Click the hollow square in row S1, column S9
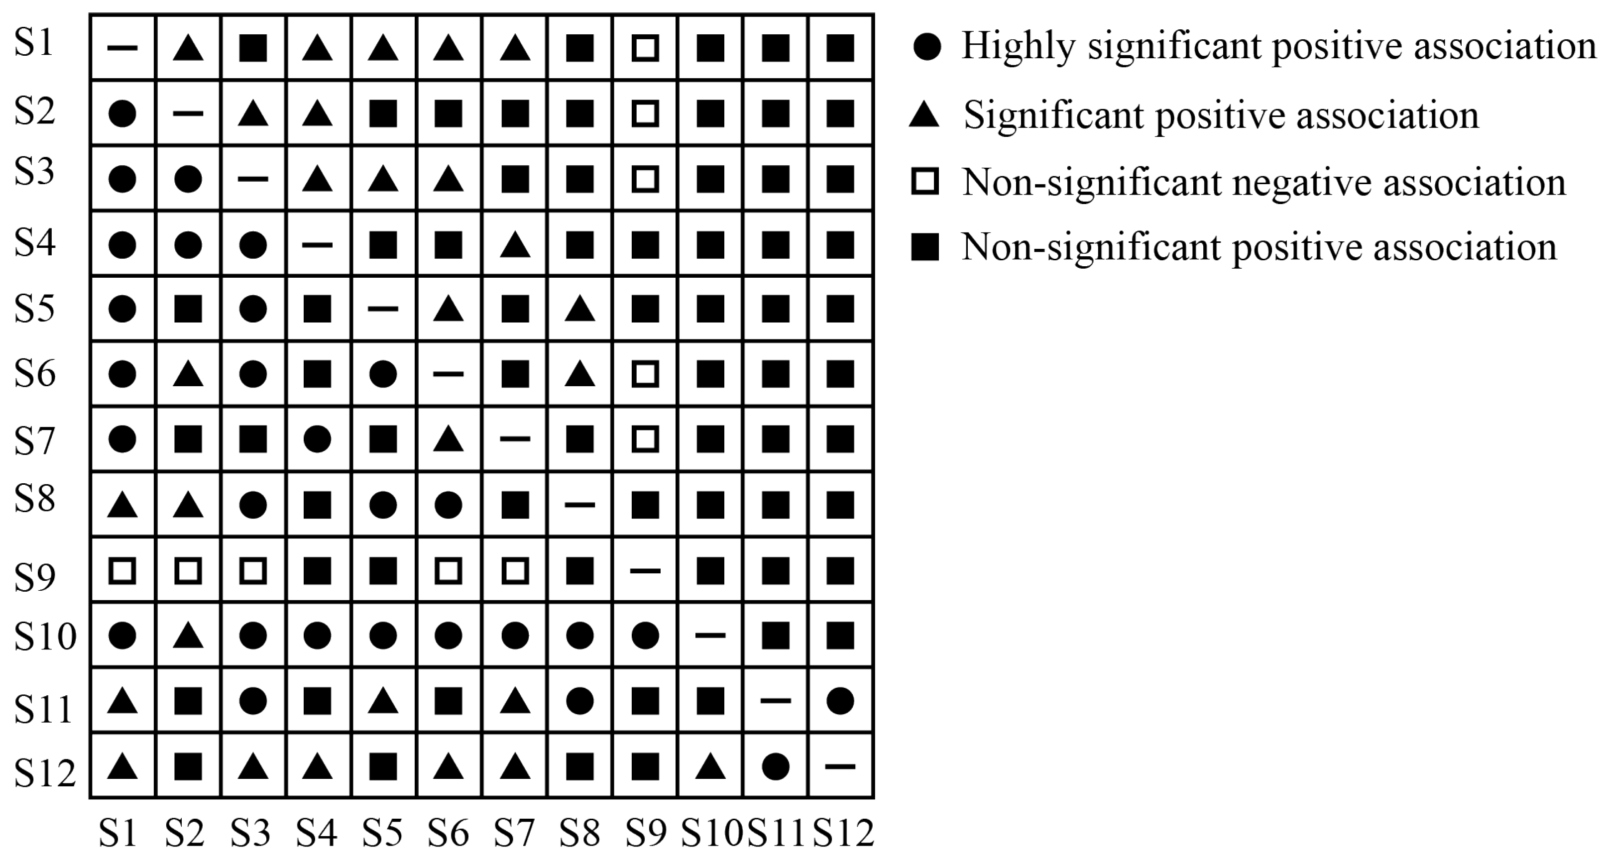645,48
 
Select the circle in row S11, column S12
840,701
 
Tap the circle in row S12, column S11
775,766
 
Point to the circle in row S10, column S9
645,636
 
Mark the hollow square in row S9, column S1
122,570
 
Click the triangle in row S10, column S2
188,636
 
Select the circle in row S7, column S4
317,439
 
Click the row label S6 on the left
35,374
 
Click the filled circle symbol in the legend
926,47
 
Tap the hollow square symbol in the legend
925,182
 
